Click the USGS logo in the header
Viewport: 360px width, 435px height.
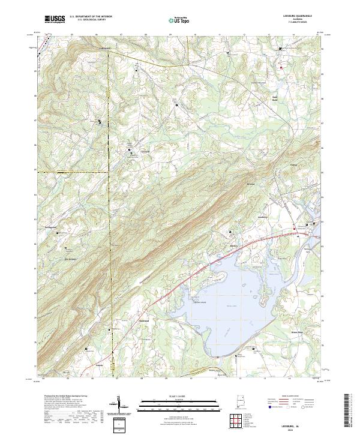(x=54, y=19)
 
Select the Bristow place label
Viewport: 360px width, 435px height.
(x=252, y=184)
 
